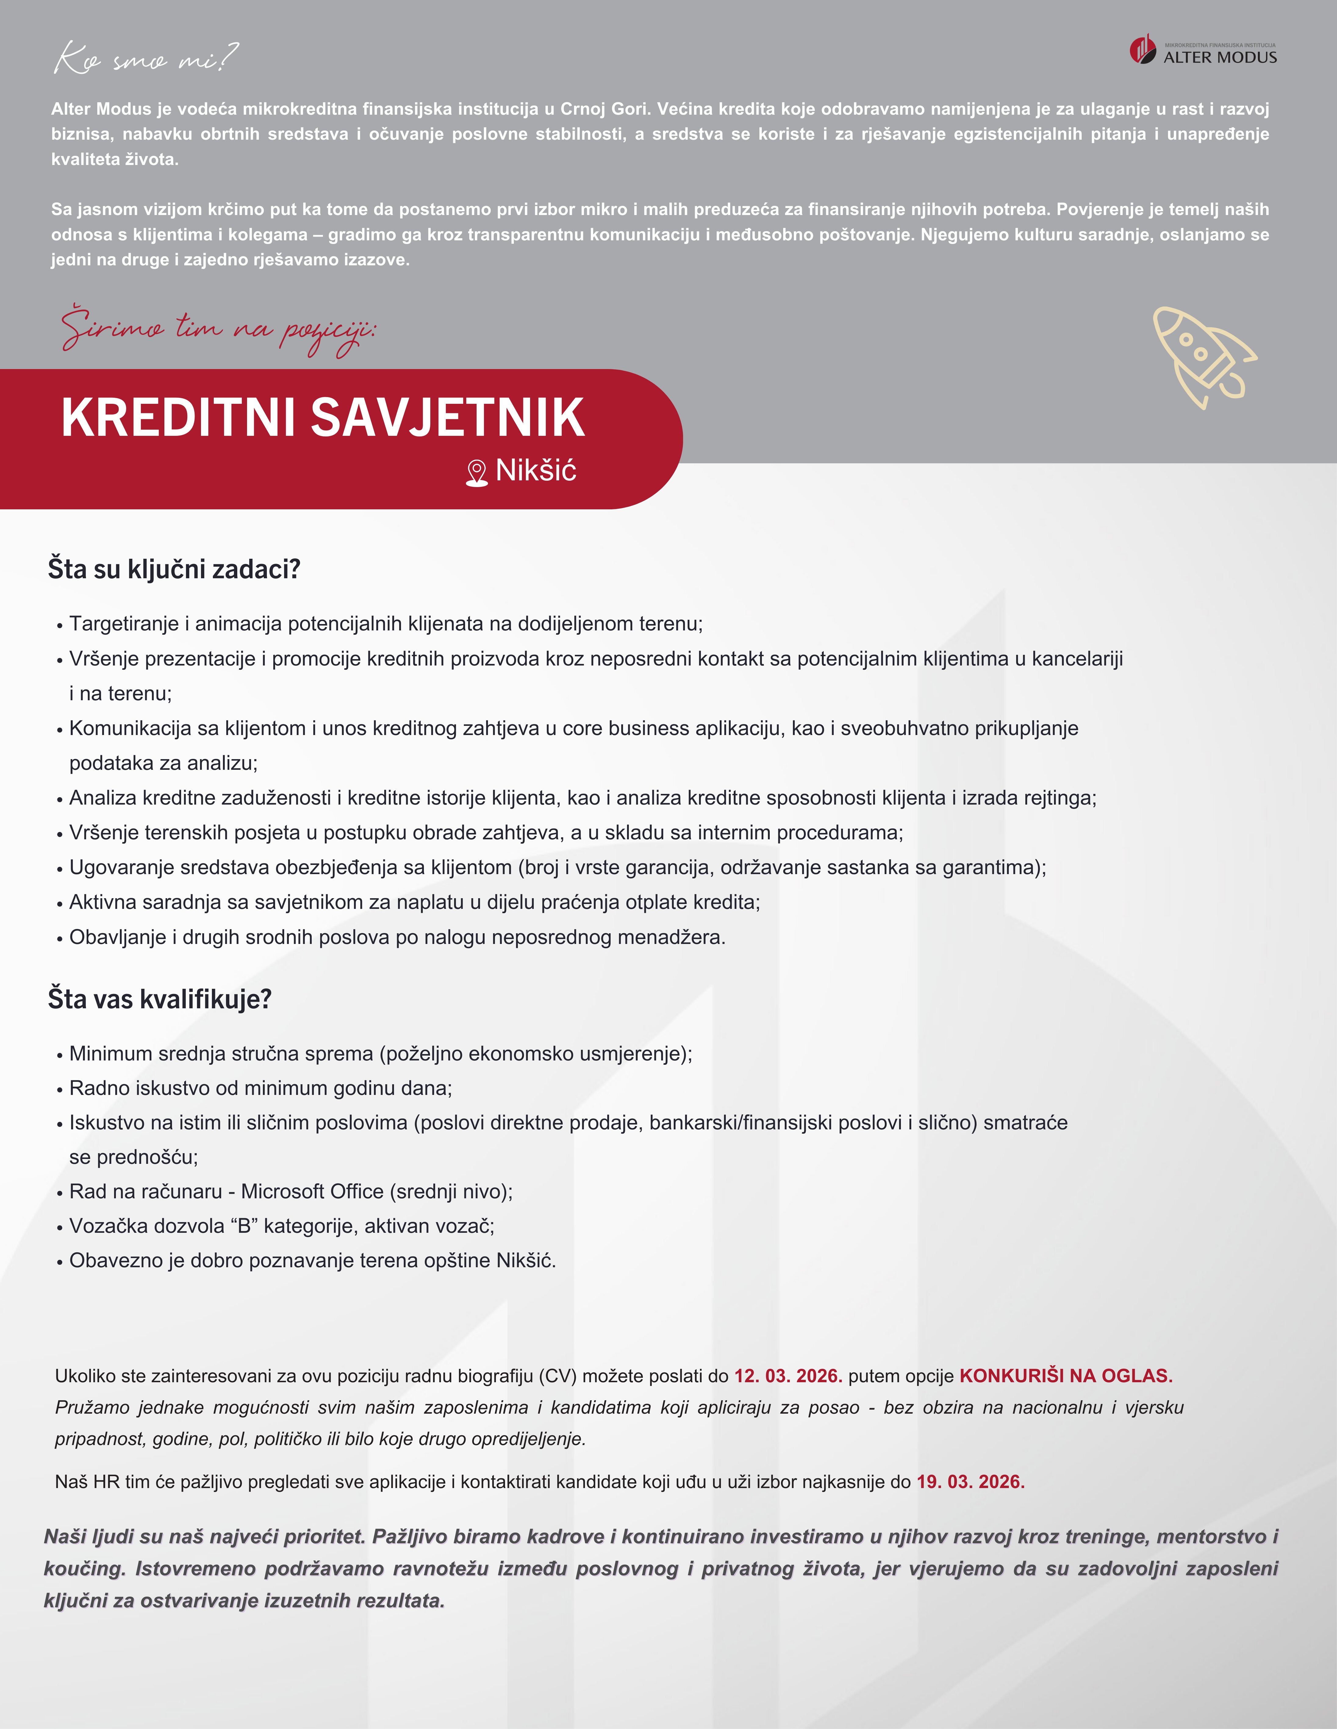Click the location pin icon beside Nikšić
click(477, 473)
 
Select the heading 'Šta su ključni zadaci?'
click(174, 569)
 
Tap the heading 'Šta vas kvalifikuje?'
click(160, 999)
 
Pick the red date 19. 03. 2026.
click(970, 1482)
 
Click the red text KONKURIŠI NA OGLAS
click(1066, 1376)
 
